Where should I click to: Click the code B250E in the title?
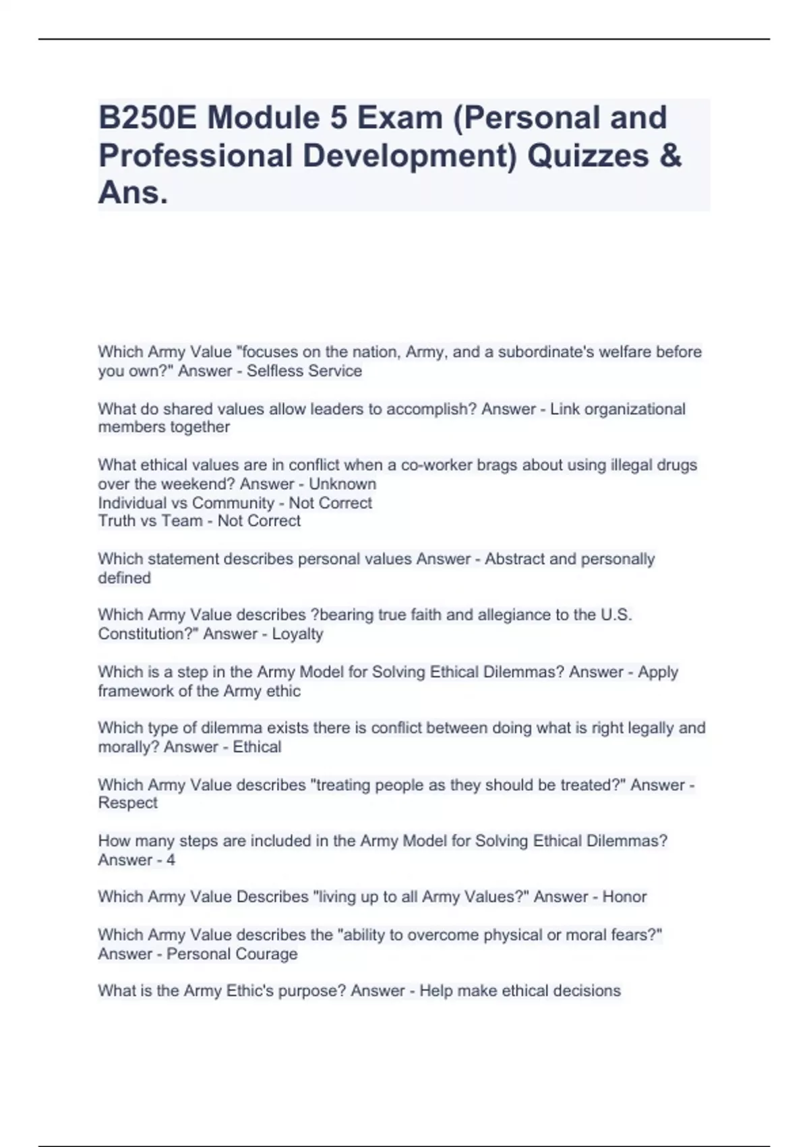click(148, 117)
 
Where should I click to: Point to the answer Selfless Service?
click(304, 371)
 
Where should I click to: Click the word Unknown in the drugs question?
click(342, 484)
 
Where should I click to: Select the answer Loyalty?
click(297, 634)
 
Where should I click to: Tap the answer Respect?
click(128, 803)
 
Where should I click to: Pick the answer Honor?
click(624, 897)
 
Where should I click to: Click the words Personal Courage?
click(232, 954)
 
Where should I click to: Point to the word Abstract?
click(514, 559)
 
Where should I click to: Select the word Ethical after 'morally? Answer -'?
click(257, 747)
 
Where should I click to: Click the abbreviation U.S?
click(616, 615)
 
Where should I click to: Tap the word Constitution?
click(144, 634)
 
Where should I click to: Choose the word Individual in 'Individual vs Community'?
click(131, 503)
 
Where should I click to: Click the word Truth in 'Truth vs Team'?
click(117, 521)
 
